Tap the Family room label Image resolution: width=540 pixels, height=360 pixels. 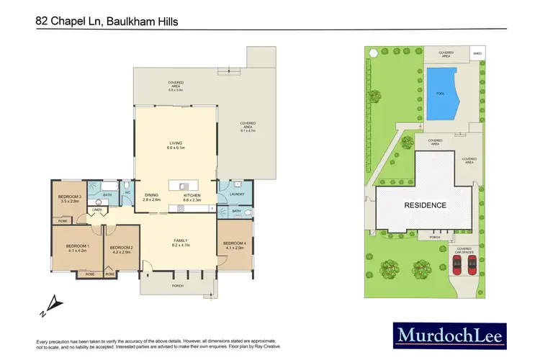pos(180,242)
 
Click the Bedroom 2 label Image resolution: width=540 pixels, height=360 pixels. pos(120,249)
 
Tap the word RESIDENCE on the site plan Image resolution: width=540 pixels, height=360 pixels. pos(425,205)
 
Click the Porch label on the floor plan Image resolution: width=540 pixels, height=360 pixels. pos(178,287)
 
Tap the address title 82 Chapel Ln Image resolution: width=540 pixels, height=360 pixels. pos(107,22)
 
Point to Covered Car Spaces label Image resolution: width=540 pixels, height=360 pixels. pos(464,251)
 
